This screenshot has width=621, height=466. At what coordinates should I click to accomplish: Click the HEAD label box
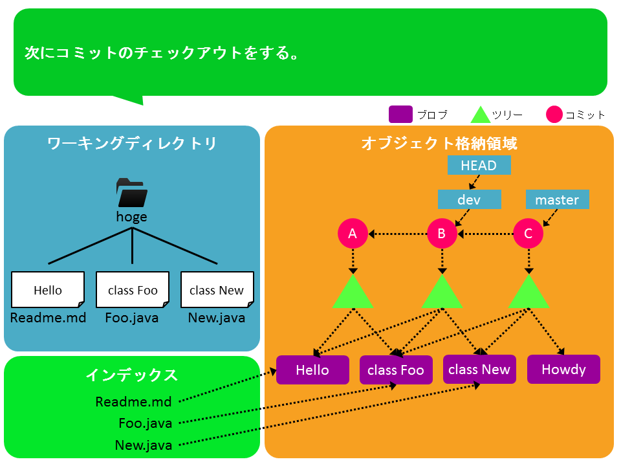(x=479, y=165)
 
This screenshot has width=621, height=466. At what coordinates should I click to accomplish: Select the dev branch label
(x=470, y=199)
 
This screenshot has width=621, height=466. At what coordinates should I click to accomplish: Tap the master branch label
(x=557, y=199)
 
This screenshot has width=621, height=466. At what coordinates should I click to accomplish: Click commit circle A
(x=353, y=234)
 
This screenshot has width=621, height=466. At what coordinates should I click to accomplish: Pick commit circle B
(x=442, y=234)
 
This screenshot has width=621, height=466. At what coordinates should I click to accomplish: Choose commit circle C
(x=528, y=234)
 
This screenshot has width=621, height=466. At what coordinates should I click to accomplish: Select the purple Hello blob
(x=312, y=370)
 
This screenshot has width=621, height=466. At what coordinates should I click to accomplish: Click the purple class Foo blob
(x=396, y=370)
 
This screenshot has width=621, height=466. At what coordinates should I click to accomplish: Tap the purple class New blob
(x=479, y=370)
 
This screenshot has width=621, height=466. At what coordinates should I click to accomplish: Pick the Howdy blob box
(x=563, y=370)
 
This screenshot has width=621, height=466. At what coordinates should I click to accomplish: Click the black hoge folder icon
(x=132, y=193)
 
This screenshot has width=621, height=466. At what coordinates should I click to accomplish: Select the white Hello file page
(x=48, y=290)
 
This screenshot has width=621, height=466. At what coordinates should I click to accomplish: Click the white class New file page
(x=217, y=290)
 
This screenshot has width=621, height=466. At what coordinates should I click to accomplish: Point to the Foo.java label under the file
(x=132, y=318)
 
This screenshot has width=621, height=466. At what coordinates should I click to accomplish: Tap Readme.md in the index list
(x=133, y=402)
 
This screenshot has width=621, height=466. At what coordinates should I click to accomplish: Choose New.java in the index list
(x=144, y=445)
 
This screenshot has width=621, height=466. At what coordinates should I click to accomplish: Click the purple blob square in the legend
(x=400, y=115)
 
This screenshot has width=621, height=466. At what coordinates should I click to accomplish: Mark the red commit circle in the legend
(x=554, y=115)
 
